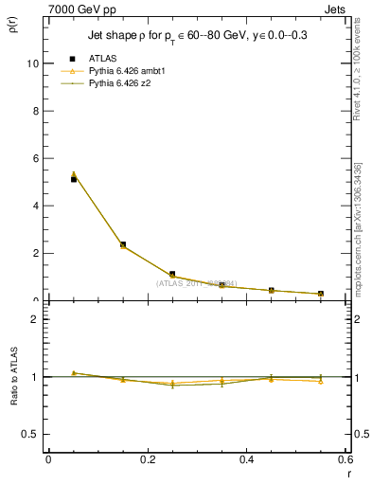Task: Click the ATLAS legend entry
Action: point(102,58)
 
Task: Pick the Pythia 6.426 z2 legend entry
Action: point(120,83)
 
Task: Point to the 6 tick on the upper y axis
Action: point(36,158)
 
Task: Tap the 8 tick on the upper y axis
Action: point(36,111)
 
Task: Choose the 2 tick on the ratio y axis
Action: point(36,319)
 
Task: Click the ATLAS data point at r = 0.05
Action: point(73,179)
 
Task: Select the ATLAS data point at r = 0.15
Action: point(122,244)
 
